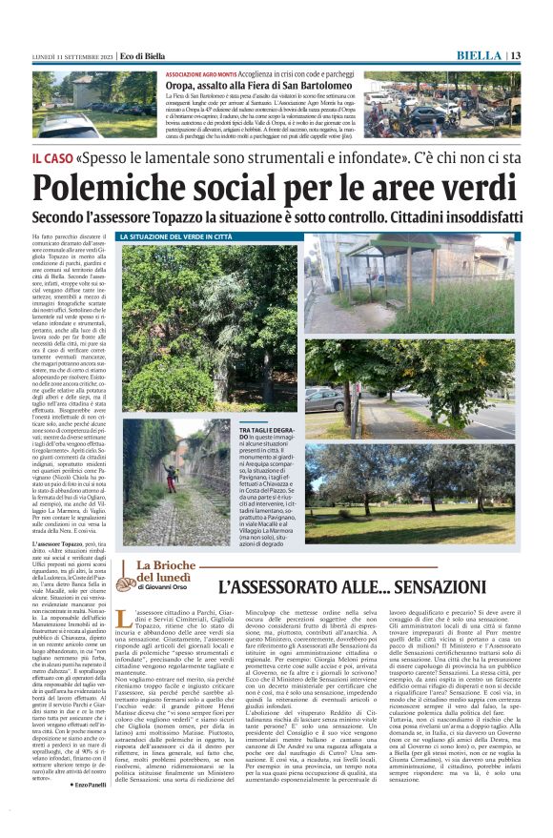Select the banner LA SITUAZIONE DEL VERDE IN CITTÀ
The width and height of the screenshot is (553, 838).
click(175, 236)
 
